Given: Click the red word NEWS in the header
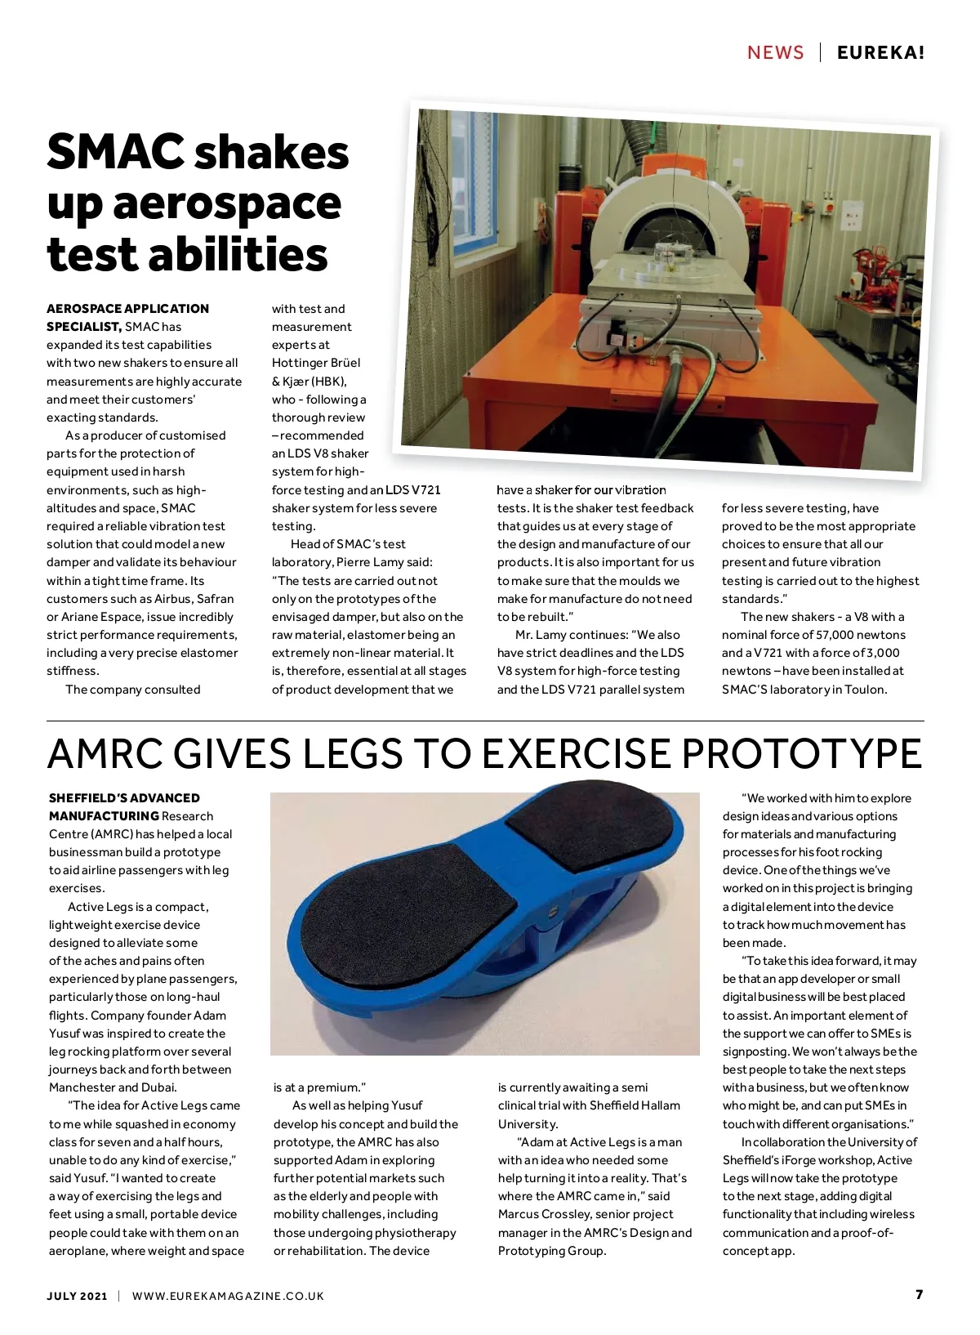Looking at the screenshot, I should (x=775, y=53).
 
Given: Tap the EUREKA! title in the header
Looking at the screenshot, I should (x=880, y=53).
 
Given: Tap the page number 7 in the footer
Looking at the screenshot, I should (x=919, y=1295).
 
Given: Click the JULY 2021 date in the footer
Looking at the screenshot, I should (x=77, y=1296).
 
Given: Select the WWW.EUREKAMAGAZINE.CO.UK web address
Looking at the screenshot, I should (x=228, y=1296).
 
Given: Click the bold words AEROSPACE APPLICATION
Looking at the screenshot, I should (x=127, y=309).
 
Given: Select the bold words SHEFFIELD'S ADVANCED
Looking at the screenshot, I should (x=124, y=798).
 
